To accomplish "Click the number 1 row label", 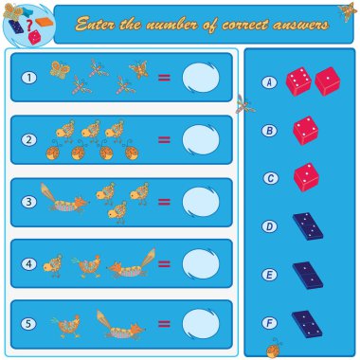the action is click(x=29, y=78).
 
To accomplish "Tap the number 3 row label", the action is click(x=29, y=202).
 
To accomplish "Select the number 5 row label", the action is click(x=28, y=324).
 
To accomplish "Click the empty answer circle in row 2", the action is click(x=201, y=140).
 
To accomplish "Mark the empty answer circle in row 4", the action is click(x=201, y=263).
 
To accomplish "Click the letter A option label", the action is click(x=269, y=82).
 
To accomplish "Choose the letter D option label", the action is click(x=269, y=226).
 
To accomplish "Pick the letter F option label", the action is click(x=269, y=323).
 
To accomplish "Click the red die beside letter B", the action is click(x=306, y=131).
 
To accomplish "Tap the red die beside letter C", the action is click(x=306, y=177).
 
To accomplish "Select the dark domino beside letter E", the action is click(x=308, y=276).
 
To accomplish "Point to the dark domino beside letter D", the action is click(x=308, y=226).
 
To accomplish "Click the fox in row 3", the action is click(x=64, y=198).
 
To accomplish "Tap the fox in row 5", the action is click(x=120, y=325).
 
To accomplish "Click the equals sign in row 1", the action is click(x=164, y=78).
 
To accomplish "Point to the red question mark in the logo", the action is click(x=29, y=25).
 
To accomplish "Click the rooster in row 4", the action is click(x=86, y=266).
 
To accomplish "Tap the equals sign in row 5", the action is click(x=164, y=324).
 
